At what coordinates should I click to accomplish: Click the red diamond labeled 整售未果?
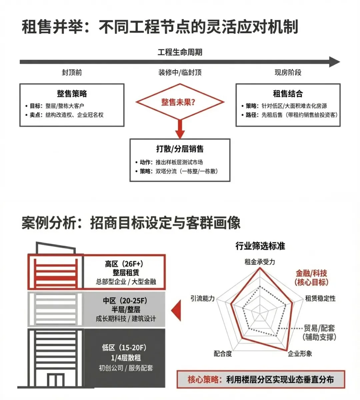click(180, 102)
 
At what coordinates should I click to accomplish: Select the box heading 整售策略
click(72, 94)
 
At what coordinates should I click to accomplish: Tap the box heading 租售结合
click(288, 94)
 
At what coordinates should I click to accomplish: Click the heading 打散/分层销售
click(180, 149)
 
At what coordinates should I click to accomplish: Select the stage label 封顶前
click(72, 72)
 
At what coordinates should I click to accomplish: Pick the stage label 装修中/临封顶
click(180, 72)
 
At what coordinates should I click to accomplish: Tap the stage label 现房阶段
click(288, 72)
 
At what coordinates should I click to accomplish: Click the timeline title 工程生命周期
click(180, 52)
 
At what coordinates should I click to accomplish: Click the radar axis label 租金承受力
click(260, 262)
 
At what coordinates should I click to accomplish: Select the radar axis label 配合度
click(223, 354)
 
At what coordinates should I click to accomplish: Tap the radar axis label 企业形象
click(300, 354)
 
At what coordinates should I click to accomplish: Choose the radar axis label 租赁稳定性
click(320, 298)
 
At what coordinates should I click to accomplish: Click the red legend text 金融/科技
click(311, 273)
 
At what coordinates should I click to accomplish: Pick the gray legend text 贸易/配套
click(319, 328)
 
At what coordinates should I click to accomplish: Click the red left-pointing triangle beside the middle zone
click(176, 310)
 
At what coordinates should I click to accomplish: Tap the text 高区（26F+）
click(124, 264)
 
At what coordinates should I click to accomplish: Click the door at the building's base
click(55, 380)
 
